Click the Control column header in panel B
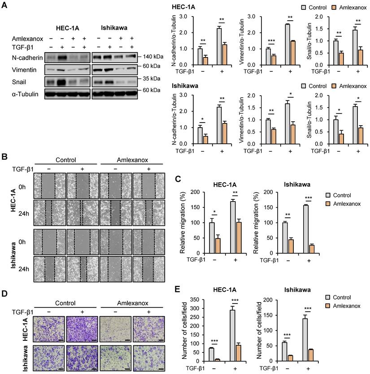(66, 159)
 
